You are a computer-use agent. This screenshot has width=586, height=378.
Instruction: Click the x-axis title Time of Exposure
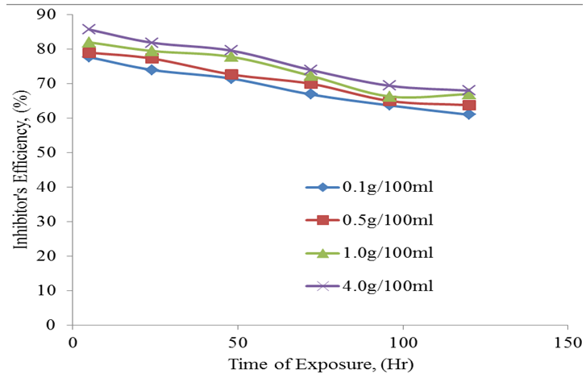point(321,363)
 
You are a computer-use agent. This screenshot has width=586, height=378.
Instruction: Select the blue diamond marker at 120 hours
point(469,114)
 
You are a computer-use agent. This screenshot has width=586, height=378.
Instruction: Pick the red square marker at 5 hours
point(89,53)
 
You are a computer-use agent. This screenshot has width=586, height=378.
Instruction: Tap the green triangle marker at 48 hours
point(231,56)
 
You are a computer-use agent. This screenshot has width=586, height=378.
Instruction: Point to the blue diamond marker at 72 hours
point(311,94)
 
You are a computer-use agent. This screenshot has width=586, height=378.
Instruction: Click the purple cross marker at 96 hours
point(390,85)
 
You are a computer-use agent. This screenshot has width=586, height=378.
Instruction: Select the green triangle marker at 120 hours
point(469,94)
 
